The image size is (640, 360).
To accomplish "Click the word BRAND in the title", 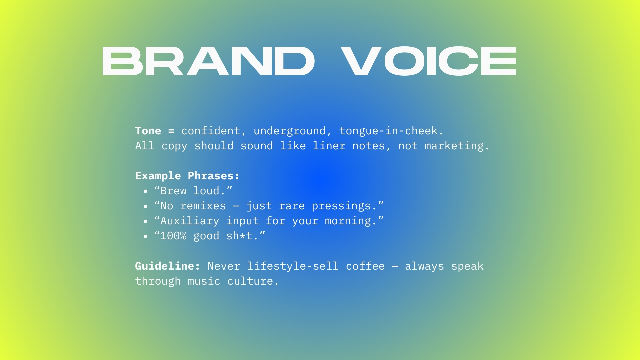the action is coord(208,61).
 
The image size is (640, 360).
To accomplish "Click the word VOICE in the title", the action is coord(429,61).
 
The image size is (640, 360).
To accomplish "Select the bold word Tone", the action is coord(148,131).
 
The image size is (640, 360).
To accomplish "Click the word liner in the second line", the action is coord(329,146).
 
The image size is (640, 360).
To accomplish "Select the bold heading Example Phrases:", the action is coord(187,176).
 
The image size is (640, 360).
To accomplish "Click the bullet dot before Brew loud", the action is coord(145,191).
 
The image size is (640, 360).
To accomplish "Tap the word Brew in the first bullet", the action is coord(173,191).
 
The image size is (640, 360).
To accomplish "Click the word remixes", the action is coord(203,206).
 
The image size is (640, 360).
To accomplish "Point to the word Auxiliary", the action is coord(190,221).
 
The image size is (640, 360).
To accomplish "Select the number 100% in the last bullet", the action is coord(173,236).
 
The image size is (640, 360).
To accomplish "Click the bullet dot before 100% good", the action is coord(145,236).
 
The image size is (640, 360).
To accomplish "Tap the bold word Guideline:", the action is coord(168,266).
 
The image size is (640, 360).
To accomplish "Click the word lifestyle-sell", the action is coord(293,266).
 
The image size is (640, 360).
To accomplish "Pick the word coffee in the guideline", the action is coord(365,266).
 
